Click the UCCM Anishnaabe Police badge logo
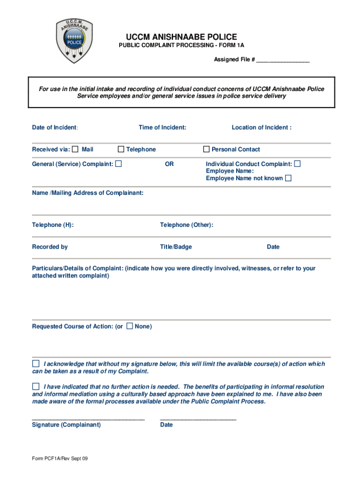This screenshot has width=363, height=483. pyautogui.click(x=73, y=41)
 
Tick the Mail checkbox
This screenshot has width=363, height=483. pyautogui.click(x=75, y=150)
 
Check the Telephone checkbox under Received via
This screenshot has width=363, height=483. pyautogui.click(x=121, y=150)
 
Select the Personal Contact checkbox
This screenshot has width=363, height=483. pyautogui.click(x=206, y=150)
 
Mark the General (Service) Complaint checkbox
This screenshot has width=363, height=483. pyautogui.click(x=118, y=164)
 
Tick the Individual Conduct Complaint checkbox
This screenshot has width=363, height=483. pyautogui.click(x=297, y=164)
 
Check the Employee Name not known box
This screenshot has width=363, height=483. pyautogui.click(x=288, y=178)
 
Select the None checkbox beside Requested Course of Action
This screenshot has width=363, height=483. pyautogui.click(x=130, y=326)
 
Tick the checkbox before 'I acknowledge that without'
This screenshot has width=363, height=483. pyautogui.click(x=36, y=364)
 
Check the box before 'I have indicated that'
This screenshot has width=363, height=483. pyautogui.click(x=36, y=387)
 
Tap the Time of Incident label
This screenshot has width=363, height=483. pyautogui.click(x=162, y=127)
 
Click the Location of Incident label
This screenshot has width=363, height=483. pyautogui.click(x=261, y=127)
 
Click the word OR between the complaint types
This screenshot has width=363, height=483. pyautogui.click(x=169, y=164)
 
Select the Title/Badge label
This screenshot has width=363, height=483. pyautogui.click(x=176, y=247)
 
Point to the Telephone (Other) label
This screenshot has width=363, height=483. pyautogui.click(x=187, y=225)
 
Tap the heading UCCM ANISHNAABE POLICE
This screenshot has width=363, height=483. pyautogui.click(x=181, y=37)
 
